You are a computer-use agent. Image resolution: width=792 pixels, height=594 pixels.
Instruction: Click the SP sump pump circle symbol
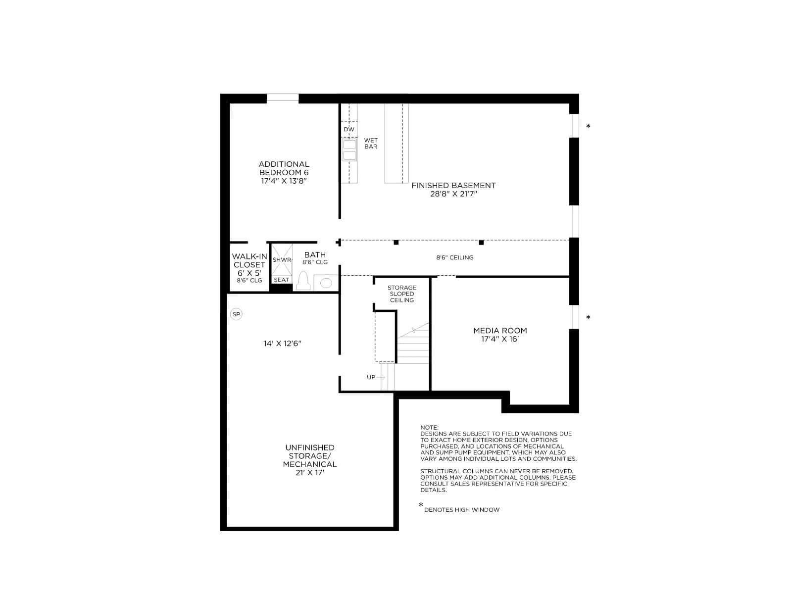point(236,314)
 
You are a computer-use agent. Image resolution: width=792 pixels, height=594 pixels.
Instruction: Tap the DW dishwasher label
point(349,129)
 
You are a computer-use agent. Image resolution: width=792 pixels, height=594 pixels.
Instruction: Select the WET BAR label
point(371,143)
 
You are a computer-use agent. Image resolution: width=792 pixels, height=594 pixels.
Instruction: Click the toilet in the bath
point(303,281)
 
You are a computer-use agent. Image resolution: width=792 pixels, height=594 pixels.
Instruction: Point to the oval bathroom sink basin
point(326,283)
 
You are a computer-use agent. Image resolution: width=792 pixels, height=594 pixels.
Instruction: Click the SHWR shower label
point(282,260)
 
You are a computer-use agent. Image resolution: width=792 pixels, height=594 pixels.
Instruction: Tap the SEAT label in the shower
point(282,280)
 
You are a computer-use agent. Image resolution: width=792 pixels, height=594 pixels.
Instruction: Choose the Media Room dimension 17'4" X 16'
point(500,339)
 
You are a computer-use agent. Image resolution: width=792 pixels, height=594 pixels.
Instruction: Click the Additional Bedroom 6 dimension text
point(284,181)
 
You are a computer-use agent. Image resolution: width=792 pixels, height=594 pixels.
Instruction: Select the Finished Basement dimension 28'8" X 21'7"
point(453,194)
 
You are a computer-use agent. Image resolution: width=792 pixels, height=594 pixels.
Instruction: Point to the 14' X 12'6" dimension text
point(282,344)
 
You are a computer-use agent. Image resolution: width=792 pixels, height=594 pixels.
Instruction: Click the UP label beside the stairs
point(371,377)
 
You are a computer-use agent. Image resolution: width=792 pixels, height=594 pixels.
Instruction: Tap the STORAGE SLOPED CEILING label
point(402,294)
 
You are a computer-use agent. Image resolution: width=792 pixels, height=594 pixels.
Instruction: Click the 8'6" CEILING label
point(454,257)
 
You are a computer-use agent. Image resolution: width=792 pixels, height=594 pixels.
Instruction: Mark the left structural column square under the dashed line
point(396,243)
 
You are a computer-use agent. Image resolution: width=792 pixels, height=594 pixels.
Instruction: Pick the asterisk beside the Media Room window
point(588,317)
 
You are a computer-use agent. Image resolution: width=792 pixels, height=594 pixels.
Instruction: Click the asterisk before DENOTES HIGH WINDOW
point(421,505)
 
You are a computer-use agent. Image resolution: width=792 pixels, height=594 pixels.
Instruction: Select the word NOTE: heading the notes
point(429,427)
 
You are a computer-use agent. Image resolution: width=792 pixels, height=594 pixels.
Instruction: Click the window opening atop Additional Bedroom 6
point(283,98)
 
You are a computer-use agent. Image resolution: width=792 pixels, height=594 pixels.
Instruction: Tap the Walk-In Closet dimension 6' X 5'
point(249,273)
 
